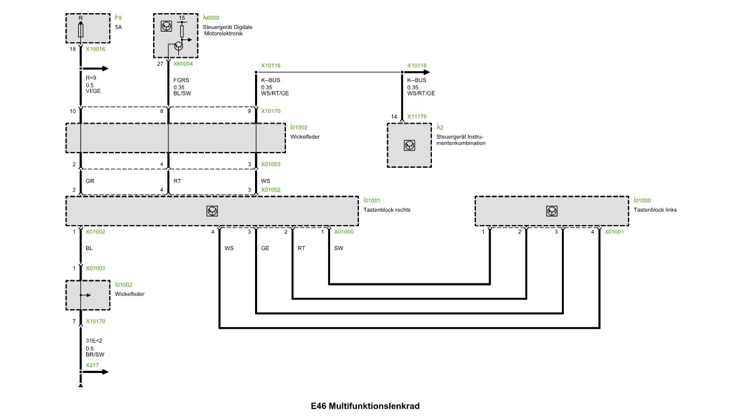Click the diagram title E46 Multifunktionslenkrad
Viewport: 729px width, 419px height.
click(x=365, y=406)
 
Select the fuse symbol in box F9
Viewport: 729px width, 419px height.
click(x=80, y=30)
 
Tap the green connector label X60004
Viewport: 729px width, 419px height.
click(x=183, y=64)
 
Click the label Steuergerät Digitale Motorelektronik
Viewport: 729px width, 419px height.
click(x=227, y=30)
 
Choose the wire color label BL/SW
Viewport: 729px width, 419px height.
click(x=183, y=93)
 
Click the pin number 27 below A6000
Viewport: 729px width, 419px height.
click(x=160, y=64)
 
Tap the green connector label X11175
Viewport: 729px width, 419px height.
click(x=417, y=116)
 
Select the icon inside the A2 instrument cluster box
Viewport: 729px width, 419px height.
click(x=410, y=145)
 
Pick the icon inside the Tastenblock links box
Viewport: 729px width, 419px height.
click(x=551, y=210)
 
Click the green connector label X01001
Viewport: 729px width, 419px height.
click(x=614, y=232)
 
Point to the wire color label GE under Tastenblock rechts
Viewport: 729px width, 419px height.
click(x=265, y=249)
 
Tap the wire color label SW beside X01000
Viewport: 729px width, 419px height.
click(x=338, y=249)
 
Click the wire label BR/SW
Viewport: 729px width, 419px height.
click(x=95, y=354)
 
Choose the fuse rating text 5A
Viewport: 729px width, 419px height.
click(x=119, y=27)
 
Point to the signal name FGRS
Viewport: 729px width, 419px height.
click(x=181, y=80)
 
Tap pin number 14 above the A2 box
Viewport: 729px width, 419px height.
click(x=394, y=116)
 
